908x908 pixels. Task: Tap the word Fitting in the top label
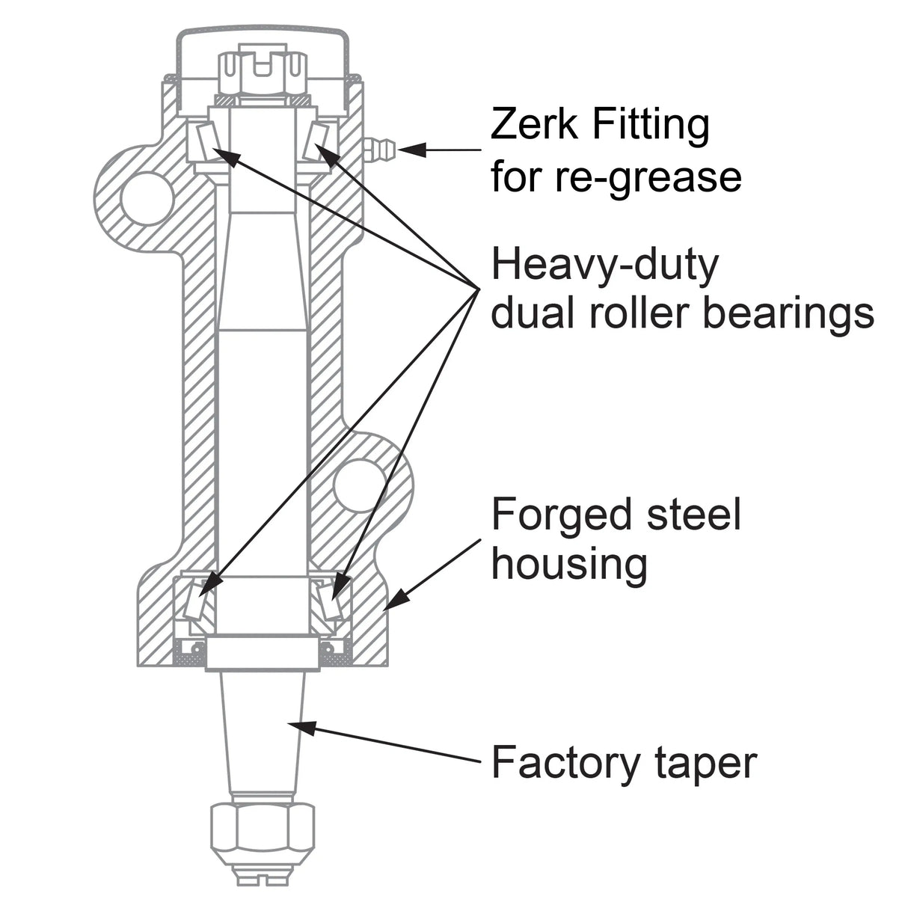[x=650, y=126]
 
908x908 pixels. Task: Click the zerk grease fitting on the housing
[x=380, y=147]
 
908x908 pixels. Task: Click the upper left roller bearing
[x=203, y=141]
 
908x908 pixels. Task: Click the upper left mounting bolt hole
[x=147, y=197]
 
